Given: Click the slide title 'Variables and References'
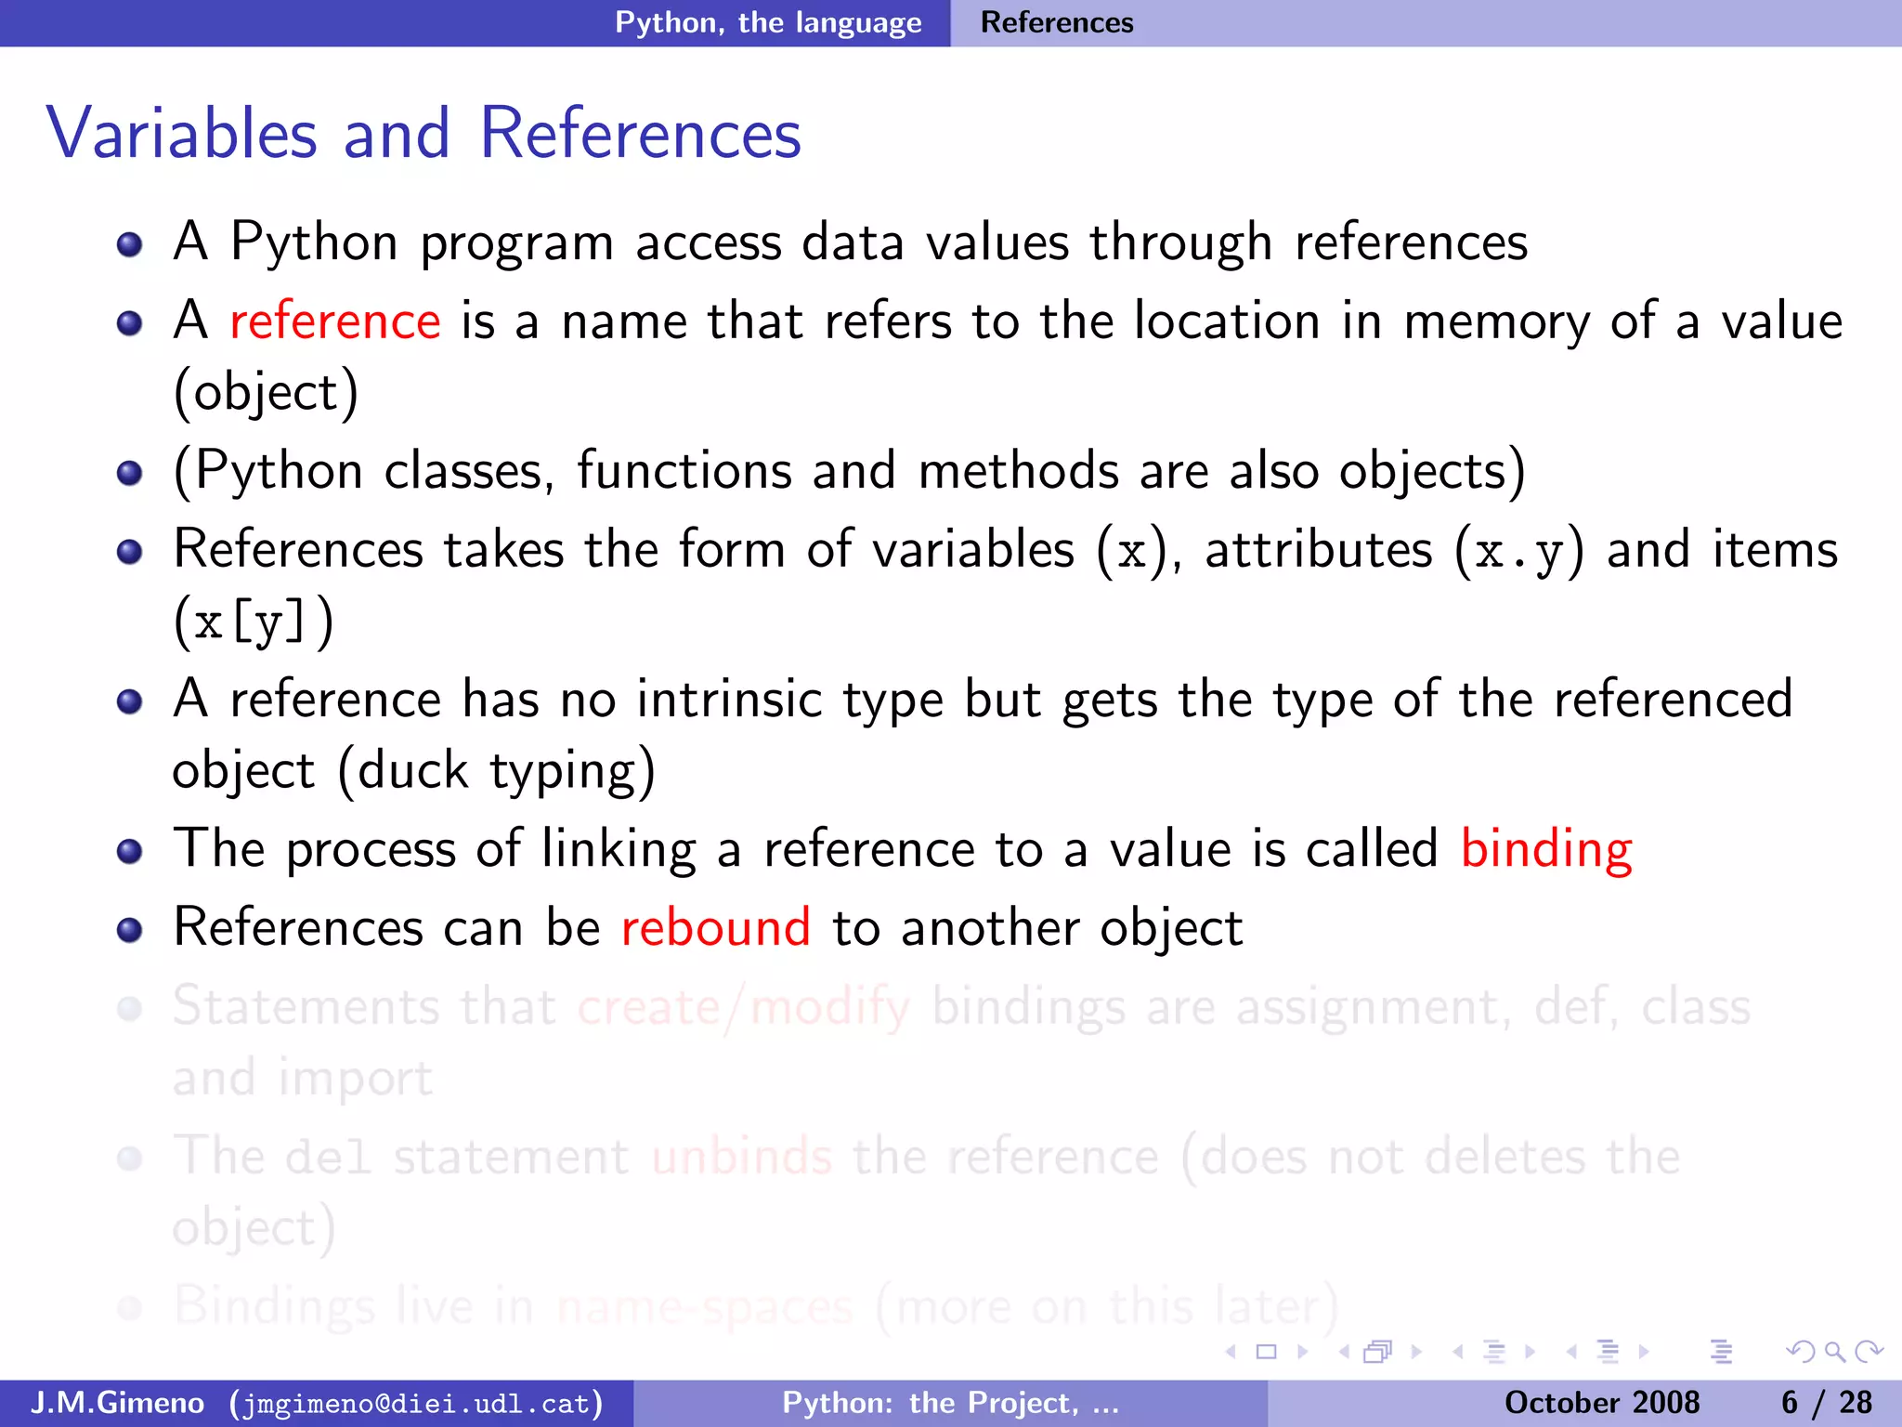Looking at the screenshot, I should pyautogui.click(x=423, y=133).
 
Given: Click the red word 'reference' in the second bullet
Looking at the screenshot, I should pyautogui.click(x=334, y=321).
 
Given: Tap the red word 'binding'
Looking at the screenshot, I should pyautogui.click(x=1546, y=849).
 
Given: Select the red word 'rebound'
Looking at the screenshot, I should pyautogui.click(x=716, y=928).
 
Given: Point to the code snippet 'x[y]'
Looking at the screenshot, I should pyautogui.click(x=252, y=622).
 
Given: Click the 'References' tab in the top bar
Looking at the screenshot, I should pyautogui.click(x=1057, y=22).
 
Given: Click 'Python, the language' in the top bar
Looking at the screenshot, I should pyautogui.click(x=768, y=22).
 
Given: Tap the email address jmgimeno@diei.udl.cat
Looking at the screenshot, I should pyautogui.click(x=416, y=1403).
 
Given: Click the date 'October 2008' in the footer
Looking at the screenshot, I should pyautogui.click(x=1602, y=1403).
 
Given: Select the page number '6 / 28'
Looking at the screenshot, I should pyautogui.click(x=1826, y=1403).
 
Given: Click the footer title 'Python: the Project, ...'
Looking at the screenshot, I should pyautogui.click(x=950, y=1403).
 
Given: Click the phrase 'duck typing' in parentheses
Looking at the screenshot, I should pyautogui.click(x=498, y=771).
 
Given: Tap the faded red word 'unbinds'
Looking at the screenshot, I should pyautogui.click(x=742, y=1157).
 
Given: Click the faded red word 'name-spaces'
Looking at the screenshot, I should pyautogui.click(x=705, y=1306).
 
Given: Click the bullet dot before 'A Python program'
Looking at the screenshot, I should pyautogui.click(x=130, y=244).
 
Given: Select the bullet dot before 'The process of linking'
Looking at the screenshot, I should pyautogui.click(x=130, y=851).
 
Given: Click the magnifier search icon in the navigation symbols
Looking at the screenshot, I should pyautogui.click(x=1834, y=1352).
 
